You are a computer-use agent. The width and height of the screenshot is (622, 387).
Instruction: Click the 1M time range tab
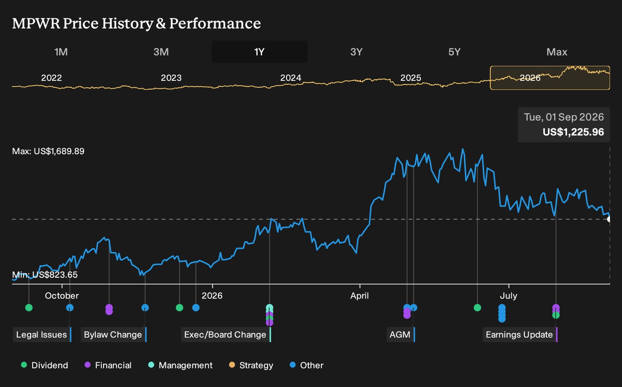[x=61, y=52]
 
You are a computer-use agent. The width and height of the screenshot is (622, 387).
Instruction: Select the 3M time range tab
[x=161, y=52]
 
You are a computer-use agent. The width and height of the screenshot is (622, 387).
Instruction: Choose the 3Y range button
[x=356, y=52]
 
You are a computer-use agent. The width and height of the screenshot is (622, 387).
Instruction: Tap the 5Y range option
[x=454, y=52]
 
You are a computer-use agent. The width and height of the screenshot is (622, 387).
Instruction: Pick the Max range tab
[x=557, y=52]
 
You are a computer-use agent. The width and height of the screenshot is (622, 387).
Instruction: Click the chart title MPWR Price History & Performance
[x=136, y=23]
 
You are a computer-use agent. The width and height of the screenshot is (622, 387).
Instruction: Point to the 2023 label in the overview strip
[x=171, y=78]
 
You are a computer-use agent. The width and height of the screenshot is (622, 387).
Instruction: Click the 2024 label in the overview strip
[x=291, y=78]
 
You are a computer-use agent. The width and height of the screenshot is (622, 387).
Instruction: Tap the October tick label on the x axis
[x=62, y=296]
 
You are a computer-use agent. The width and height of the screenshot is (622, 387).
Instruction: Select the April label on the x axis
[x=359, y=296]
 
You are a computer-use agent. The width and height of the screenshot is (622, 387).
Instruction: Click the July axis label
[x=508, y=296]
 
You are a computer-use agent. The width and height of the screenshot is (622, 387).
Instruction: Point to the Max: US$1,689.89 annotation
[x=48, y=151]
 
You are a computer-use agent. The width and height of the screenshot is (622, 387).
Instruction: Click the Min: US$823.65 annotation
[x=45, y=275]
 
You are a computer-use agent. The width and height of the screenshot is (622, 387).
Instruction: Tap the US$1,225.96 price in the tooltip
[x=573, y=132]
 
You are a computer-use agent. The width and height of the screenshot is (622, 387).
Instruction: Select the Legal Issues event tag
[x=42, y=335]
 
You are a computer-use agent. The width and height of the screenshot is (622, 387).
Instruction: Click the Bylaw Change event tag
[x=114, y=335]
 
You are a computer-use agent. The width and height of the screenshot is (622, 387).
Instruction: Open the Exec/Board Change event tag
[x=226, y=335]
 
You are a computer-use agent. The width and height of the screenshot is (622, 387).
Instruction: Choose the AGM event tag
[x=401, y=335]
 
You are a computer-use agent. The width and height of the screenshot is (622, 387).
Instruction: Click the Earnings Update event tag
[x=520, y=335]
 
